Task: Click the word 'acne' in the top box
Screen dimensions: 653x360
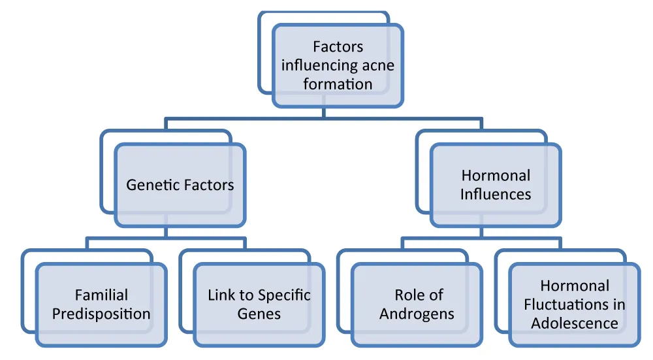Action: pyautogui.click(x=377, y=65)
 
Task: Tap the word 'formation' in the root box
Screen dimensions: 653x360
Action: pyautogui.click(x=338, y=84)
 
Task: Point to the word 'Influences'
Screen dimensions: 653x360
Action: pyautogui.click(x=496, y=194)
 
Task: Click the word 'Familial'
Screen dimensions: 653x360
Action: pyautogui.click(x=101, y=295)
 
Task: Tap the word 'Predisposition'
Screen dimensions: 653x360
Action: pyautogui.click(x=101, y=314)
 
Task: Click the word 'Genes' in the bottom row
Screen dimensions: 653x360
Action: pyautogui.click(x=259, y=314)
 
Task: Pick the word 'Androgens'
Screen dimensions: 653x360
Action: pyautogui.click(x=417, y=314)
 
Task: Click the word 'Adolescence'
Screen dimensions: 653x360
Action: pyautogui.click(x=575, y=323)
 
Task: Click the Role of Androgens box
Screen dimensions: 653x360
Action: pyautogui.click(x=417, y=304)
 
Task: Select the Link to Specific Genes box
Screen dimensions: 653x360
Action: pyautogui.click(x=259, y=304)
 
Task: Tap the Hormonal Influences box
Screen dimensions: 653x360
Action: pyautogui.click(x=496, y=185)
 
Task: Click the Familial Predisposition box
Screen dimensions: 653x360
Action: pyautogui.click(x=101, y=304)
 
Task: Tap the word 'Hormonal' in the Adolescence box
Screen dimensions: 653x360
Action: pyautogui.click(x=575, y=286)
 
